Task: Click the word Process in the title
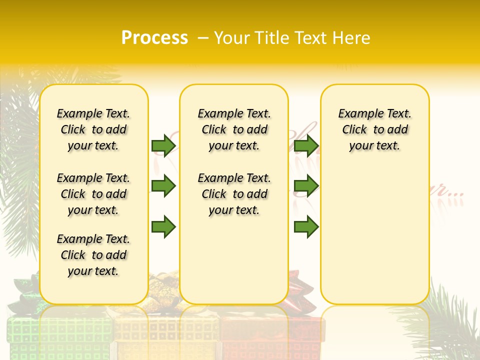coord(154,38)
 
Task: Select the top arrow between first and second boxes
coord(163,145)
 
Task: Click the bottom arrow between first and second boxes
coord(163,227)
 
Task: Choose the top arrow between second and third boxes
coord(306,145)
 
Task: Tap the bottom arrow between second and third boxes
coord(306,227)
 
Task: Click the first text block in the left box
coord(93,129)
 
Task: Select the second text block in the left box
coord(93,194)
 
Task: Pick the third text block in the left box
coord(93,255)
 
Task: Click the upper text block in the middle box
coord(234,129)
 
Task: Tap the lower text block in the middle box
coord(234,194)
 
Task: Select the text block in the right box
coord(375,129)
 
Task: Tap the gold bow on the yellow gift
coord(165,290)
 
